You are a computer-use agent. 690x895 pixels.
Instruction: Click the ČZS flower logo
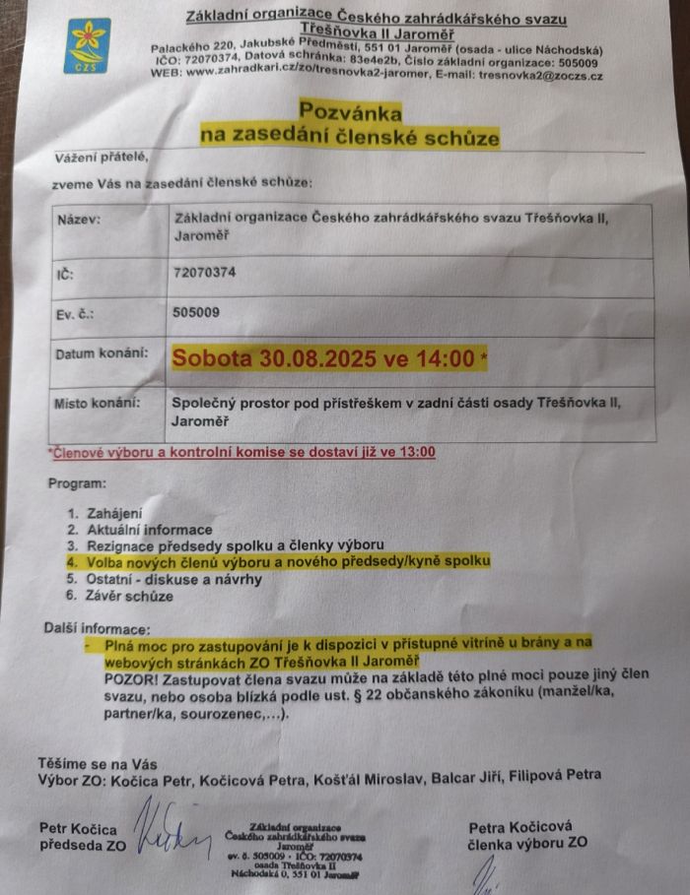point(88,45)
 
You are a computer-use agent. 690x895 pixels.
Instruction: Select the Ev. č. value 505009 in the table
point(196,313)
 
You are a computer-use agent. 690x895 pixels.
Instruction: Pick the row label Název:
point(79,219)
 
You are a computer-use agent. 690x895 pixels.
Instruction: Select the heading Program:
point(76,483)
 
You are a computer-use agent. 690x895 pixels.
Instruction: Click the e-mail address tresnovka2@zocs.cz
point(540,76)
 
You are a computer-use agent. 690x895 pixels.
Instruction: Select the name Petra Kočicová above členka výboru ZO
point(522,826)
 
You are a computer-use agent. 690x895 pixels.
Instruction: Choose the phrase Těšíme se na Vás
point(98,763)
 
